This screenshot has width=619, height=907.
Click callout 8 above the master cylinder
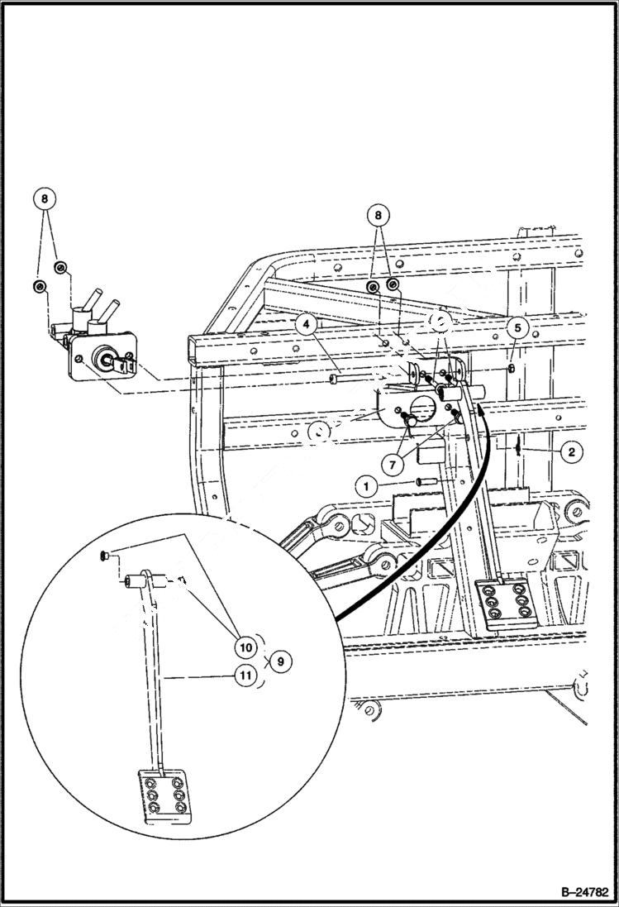[x=45, y=199]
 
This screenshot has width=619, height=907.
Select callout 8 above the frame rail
[x=379, y=215]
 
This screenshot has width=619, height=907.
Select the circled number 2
[x=570, y=451]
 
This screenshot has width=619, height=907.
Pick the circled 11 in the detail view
[x=245, y=675]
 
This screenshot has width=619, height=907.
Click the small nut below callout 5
[x=512, y=368]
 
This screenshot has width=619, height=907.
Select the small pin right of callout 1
[x=426, y=480]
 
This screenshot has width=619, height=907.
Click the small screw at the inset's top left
[x=102, y=556]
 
